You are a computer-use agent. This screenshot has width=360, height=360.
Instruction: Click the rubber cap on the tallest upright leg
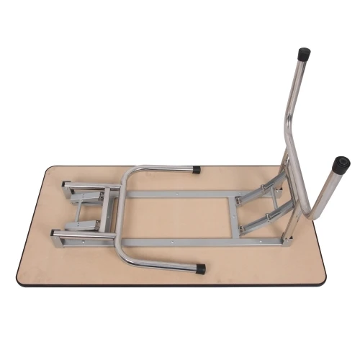coord(304,53)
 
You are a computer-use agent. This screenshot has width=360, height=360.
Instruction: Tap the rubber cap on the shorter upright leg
coord(341,163)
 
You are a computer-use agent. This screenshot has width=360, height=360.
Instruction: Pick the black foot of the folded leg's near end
coord(199,269)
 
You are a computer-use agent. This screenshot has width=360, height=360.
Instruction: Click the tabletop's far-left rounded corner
coord(49,170)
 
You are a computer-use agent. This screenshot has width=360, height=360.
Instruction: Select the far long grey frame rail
coord(180,194)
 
